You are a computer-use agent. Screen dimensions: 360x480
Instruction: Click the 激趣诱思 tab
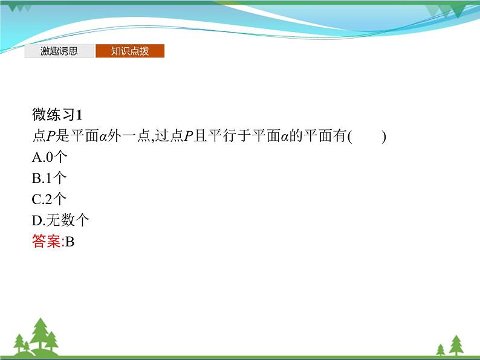click(59, 51)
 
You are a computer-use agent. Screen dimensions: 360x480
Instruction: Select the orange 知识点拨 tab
click(129, 51)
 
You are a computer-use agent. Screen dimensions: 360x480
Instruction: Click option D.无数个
click(60, 220)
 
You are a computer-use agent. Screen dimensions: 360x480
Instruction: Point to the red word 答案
click(46, 242)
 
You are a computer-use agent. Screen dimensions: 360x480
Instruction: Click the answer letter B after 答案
click(70, 242)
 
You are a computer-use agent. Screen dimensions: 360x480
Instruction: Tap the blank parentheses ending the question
click(367, 137)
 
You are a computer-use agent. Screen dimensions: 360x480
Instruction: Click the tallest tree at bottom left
click(41, 334)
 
